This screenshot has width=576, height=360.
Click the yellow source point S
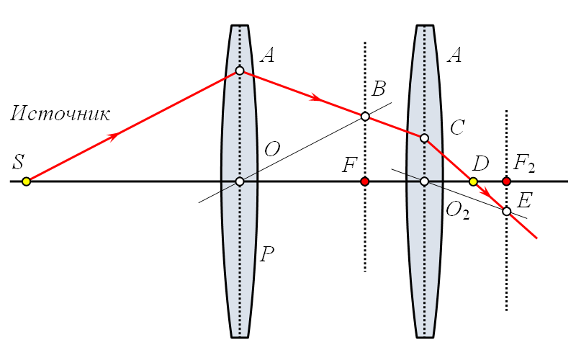[x=26, y=181]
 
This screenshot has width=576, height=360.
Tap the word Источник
[x=60, y=114]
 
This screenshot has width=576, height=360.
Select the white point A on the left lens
[x=240, y=71]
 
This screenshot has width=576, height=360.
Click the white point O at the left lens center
[x=240, y=181]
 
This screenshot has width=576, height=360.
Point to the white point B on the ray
[x=365, y=117]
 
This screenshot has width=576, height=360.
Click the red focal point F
[x=365, y=181]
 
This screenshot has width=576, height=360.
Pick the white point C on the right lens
[x=424, y=138]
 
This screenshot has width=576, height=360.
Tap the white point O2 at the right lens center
[x=424, y=181]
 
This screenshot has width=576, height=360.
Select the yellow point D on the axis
[x=473, y=181]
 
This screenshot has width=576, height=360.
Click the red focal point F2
[x=507, y=181]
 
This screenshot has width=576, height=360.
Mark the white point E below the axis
[x=507, y=211]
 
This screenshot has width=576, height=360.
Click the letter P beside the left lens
[x=267, y=254]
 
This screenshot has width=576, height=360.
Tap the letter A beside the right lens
[x=454, y=55]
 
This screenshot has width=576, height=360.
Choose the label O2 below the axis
[x=457, y=212]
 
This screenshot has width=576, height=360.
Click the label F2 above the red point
[x=524, y=163]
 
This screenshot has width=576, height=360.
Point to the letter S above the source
[x=19, y=161]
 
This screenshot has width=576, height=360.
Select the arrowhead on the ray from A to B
[x=316, y=98]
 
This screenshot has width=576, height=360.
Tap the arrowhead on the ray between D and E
[x=487, y=192]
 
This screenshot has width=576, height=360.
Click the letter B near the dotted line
[x=379, y=89]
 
